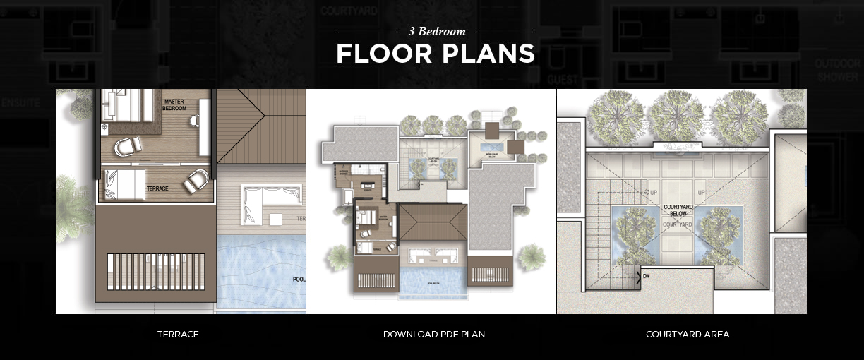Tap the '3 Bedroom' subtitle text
[x=437, y=32]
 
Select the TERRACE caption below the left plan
[x=178, y=335]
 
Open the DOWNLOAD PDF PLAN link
[x=433, y=335]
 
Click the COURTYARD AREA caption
[x=687, y=335]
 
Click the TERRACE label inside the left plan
[x=157, y=189]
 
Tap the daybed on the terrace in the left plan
[x=124, y=184]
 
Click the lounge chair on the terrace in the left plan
[x=196, y=181]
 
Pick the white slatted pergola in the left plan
[x=155, y=272]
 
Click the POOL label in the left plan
[x=299, y=280]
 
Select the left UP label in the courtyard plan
[x=652, y=192]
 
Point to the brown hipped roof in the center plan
[x=431, y=223]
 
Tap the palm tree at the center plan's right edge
[x=531, y=257]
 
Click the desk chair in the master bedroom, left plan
[x=194, y=121]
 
